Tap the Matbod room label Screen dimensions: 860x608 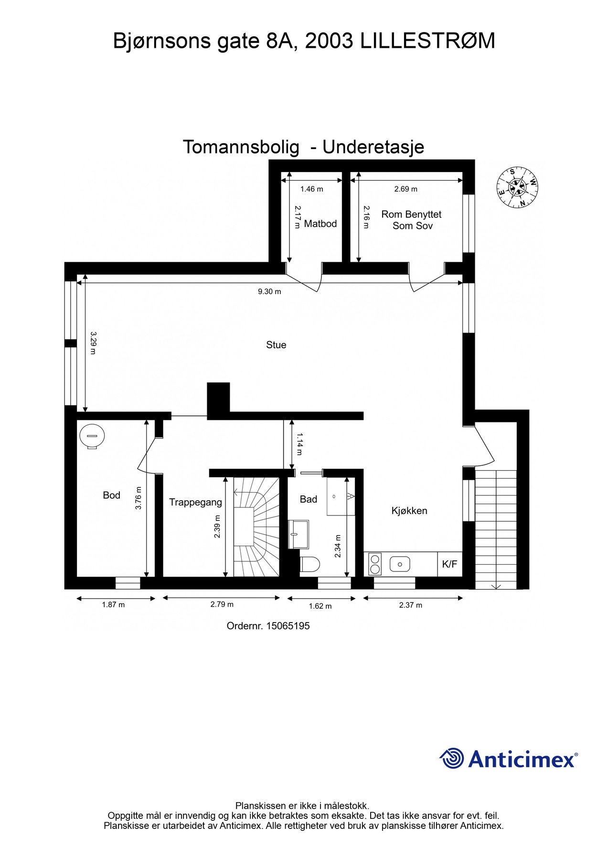click(x=320, y=224)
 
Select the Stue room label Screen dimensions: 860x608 click(x=276, y=345)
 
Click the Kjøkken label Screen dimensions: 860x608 click(x=409, y=511)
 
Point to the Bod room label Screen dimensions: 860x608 click(x=111, y=495)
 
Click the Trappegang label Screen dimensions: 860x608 click(x=195, y=502)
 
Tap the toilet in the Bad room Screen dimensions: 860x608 click(x=310, y=564)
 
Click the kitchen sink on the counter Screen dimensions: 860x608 click(x=400, y=564)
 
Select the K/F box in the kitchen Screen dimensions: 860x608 click(x=449, y=564)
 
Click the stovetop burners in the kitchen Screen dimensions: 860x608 click(x=375, y=564)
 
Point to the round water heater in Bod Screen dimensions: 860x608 click(x=92, y=436)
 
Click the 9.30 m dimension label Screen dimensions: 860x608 click(x=269, y=291)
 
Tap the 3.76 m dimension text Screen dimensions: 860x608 click(x=139, y=498)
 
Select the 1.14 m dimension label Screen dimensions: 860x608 click(x=299, y=444)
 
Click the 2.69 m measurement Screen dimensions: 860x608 click(x=405, y=189)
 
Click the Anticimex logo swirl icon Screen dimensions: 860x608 click(x=451, y=758)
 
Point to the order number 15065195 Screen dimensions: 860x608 click(x=288, y=626)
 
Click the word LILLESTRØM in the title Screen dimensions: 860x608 click(x=427, y=41)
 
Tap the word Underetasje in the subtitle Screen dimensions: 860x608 click(x=373, y=147)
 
